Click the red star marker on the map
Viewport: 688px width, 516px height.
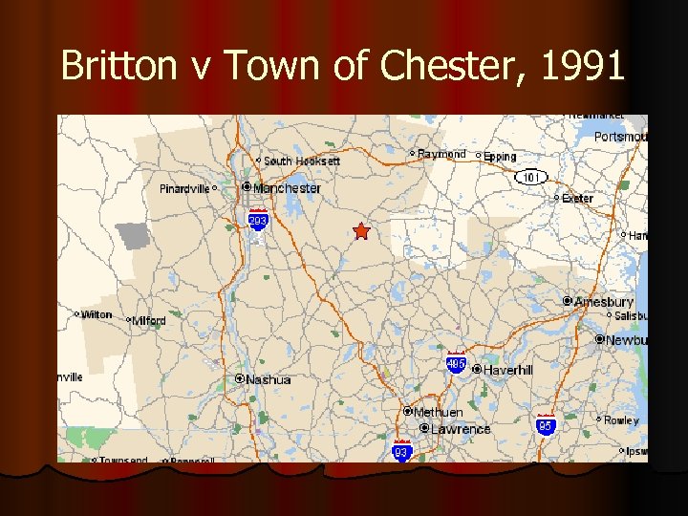[360, 231]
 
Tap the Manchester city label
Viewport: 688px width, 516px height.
[287, 188]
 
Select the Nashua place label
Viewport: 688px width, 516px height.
[268, 379]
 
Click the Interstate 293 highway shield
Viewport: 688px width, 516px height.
[258, 221]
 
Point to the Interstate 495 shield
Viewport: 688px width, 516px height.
[456, 364]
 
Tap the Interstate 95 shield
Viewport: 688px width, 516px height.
[546, 425]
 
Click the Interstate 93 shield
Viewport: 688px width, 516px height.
[402, 451]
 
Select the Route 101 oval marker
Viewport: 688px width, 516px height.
[529, 177]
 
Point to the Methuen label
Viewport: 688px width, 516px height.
[438, 412]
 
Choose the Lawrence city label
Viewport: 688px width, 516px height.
[460, 429]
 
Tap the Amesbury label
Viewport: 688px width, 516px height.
[603, 302]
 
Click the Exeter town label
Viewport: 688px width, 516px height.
[577, 199]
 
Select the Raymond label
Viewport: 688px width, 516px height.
[441, 154]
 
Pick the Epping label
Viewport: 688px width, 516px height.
[500, 157]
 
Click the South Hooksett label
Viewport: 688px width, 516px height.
[301, 161]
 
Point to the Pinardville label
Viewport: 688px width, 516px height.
[184, 189]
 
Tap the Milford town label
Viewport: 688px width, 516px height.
[149, 321]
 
